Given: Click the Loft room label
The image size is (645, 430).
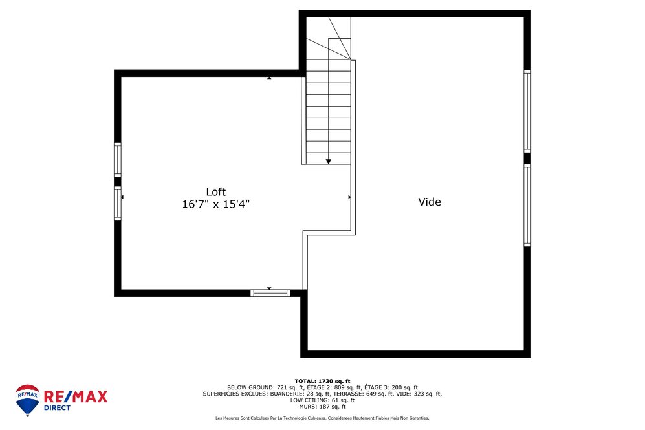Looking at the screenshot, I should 215,191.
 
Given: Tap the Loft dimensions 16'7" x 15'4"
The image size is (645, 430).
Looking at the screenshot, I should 215,204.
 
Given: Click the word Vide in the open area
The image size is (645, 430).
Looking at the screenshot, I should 430,202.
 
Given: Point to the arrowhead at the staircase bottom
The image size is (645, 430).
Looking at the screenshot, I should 329,160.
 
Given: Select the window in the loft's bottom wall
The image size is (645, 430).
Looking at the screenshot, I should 270,293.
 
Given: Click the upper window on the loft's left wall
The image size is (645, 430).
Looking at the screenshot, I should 117,158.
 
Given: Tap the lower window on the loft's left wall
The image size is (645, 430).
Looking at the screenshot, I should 117,203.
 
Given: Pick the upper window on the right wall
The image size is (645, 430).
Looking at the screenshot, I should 527,111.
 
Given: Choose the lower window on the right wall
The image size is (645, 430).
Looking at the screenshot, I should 527,205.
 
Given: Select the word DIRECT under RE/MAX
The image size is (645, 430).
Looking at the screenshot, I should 58,408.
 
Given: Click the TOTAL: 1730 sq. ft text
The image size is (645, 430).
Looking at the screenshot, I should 322,381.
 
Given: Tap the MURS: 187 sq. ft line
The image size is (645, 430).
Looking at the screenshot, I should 322,407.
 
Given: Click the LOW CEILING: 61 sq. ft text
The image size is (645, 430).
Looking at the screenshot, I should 322,400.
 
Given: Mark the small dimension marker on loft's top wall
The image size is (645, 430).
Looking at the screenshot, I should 269,78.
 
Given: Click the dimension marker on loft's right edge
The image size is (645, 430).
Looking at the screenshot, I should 350,197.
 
